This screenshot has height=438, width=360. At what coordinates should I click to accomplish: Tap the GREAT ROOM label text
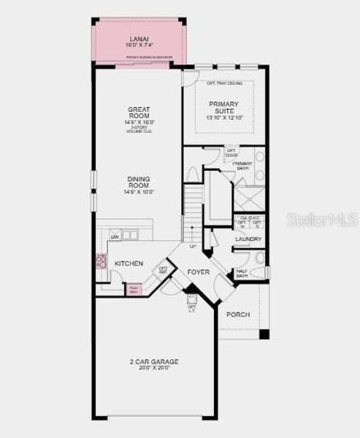pos(138,112)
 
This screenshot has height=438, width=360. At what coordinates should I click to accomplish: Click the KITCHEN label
pos(129,264)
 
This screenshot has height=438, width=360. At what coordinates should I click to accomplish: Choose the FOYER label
pos(199,272)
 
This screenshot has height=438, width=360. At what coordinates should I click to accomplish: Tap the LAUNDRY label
pos(249,239)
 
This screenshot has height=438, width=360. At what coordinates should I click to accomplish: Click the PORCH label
pos(238,315)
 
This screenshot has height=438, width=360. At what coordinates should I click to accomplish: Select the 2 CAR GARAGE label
pos(153,361)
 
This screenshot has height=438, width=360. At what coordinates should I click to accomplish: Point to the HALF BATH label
pos(242,273)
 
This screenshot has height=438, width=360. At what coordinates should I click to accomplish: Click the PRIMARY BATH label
pos(242,166)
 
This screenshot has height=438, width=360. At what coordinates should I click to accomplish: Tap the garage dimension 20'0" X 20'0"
pos(153,368)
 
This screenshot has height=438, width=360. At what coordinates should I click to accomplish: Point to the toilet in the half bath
pos(259,258)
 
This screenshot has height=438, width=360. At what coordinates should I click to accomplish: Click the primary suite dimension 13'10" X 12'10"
pos(223,118)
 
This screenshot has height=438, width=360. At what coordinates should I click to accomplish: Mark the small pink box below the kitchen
pos(134,289)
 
